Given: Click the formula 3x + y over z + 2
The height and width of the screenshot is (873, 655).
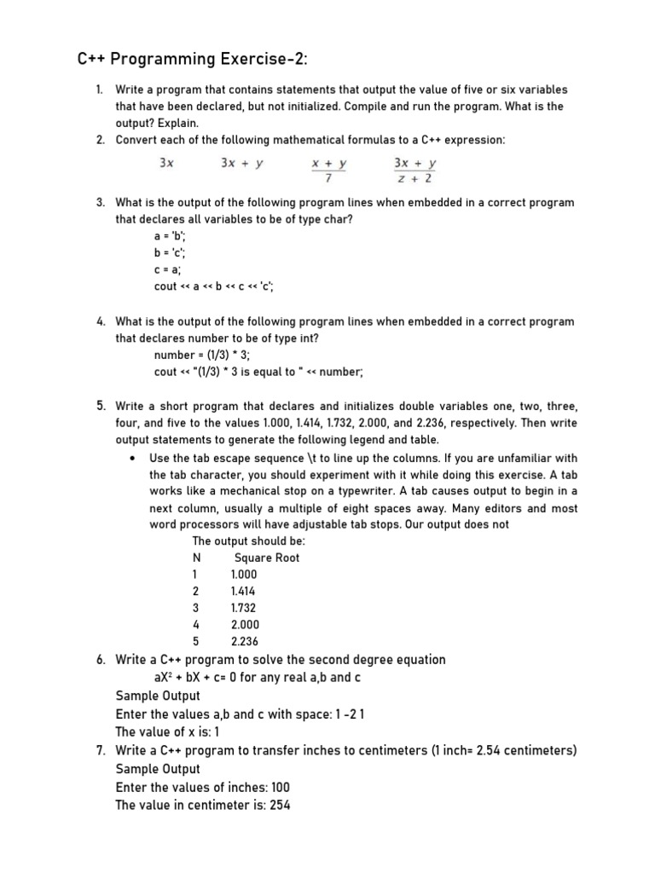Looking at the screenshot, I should [x=414, y=171].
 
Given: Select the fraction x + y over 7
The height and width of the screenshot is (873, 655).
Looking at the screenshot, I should [x=328, y=171].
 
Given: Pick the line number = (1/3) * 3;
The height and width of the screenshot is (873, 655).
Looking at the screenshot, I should [x=209, y=355].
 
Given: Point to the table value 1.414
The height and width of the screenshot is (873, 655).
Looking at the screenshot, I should [x=243, y=591].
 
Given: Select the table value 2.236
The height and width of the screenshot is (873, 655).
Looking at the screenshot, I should [x=244, y=641].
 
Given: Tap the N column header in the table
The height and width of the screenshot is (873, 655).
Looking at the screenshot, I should [x=196, y=558].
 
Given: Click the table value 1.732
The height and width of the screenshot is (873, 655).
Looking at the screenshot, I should [x=243, y=608].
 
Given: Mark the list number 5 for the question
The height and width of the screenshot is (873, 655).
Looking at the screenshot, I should [x=100, y=406].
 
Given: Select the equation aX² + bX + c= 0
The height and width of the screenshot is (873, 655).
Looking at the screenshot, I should [x=233, y=677].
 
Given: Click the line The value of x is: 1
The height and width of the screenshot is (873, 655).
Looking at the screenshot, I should [x=167, y=731].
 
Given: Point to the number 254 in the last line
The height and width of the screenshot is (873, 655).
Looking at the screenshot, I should [x=280, y=805].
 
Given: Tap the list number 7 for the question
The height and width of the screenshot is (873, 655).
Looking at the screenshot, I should [x=100, y=750].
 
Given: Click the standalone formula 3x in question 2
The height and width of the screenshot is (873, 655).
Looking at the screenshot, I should [x=167, y=163].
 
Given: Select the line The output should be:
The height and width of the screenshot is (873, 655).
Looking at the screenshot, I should [x=248, y=541].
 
